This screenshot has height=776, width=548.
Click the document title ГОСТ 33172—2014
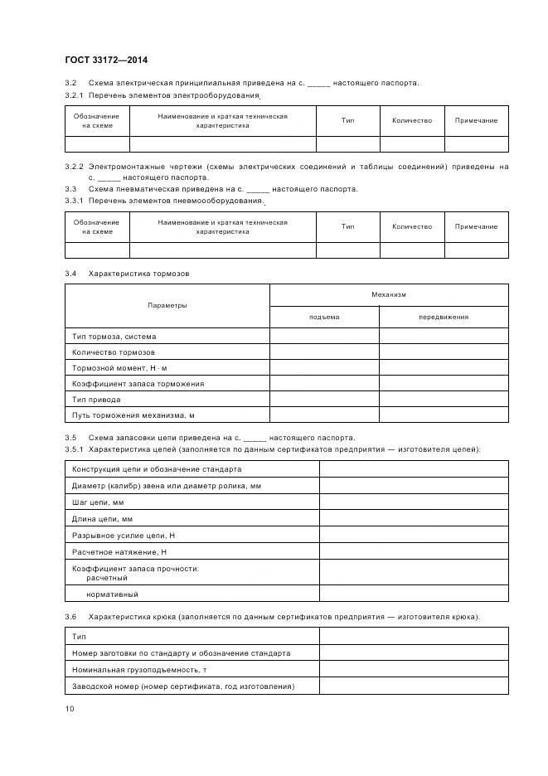click(106, 60)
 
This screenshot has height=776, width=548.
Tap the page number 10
click(70, 708)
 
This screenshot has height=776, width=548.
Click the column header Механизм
click(389, 294)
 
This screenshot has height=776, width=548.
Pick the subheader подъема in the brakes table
click(324, 317)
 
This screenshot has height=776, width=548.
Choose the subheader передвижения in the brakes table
click(444, 317)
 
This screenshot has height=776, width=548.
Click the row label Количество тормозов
click(113, 352)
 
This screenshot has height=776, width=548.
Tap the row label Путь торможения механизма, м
click(133, 415)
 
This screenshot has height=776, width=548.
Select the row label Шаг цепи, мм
click(98, 502)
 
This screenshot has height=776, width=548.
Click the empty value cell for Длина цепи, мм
click(414, 519)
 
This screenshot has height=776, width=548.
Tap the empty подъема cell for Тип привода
click(324, 400)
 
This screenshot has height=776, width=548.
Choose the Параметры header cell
click(167, 305)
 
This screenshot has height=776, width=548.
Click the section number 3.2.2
click(74, 167)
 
